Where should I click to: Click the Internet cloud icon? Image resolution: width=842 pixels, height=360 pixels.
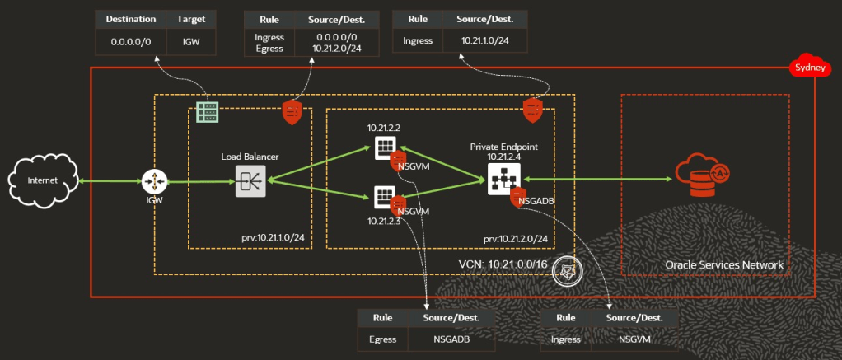43,180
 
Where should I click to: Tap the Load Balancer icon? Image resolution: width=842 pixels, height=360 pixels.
250,180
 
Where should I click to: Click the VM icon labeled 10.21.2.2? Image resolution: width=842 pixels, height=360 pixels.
385,148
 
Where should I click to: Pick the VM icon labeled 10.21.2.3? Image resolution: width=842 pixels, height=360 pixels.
385,197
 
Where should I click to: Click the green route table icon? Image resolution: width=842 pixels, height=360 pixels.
206,113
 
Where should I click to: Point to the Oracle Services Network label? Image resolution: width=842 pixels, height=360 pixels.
723,264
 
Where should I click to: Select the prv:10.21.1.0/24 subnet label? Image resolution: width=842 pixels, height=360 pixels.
267,238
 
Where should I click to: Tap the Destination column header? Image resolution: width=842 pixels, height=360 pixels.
131,17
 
